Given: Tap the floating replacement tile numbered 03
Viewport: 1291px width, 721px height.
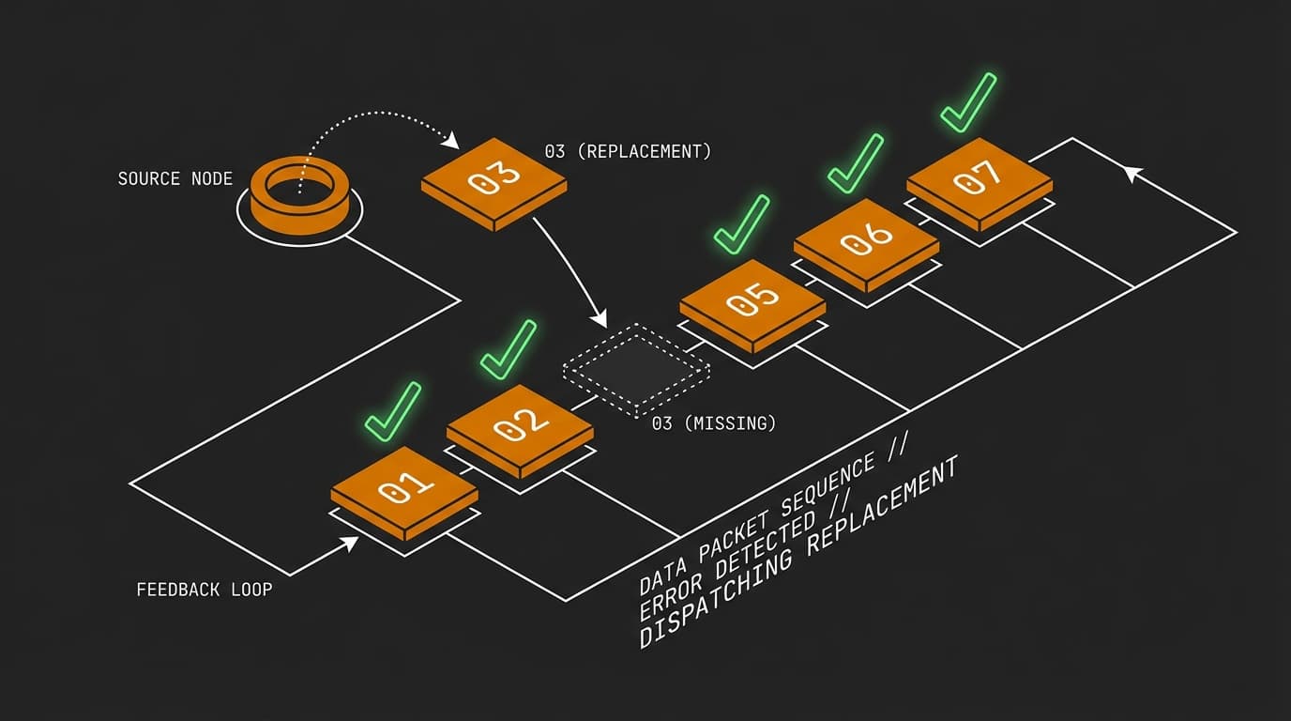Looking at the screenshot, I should (x=494, y=178).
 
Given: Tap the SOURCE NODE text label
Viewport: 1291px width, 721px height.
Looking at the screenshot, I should (x=175, y=178).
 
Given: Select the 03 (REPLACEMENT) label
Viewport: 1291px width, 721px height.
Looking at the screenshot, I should (x=628, y=150).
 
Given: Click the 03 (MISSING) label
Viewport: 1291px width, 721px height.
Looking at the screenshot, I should (x=714, y=423).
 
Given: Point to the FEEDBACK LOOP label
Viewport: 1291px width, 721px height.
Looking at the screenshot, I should (x=205, y=590).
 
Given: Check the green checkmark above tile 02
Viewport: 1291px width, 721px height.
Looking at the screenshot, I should (x=508, y=349).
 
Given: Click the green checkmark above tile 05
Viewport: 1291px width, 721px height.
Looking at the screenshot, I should (x=741, y=223).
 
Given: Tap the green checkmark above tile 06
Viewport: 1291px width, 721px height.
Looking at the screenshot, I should (x=855, y=163).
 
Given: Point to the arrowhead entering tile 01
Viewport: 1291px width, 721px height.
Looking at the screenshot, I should (x=349, y=543).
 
